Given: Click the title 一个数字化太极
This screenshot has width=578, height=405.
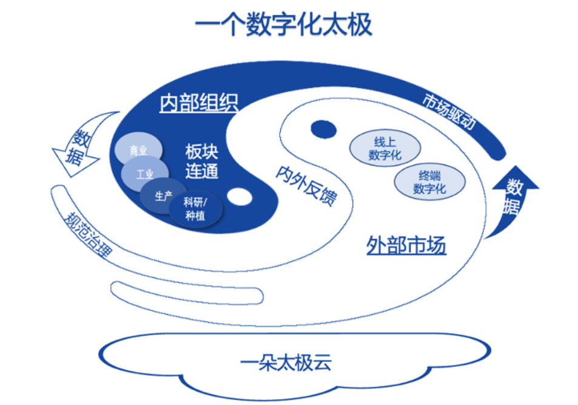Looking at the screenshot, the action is pos(283,24).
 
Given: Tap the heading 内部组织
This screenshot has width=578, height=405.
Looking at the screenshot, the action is pos(199,103).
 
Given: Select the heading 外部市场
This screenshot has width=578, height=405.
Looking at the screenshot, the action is pos(406,245).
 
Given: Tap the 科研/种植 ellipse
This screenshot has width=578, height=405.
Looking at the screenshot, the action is pos(196,209).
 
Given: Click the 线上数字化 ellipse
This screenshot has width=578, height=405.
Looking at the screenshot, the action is pos(385,148).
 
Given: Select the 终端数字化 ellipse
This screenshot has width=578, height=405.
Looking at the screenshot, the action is pos(429,182).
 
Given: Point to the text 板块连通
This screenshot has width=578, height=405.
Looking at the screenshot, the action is pos(201,162).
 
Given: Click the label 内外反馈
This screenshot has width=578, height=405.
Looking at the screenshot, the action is pos(306,185).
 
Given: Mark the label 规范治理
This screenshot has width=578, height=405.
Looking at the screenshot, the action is pos(87,235).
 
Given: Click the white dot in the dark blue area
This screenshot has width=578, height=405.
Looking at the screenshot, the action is pos(240,196).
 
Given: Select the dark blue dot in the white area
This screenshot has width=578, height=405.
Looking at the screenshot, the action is pos(324,129).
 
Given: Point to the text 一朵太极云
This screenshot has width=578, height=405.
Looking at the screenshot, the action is pos(286,362).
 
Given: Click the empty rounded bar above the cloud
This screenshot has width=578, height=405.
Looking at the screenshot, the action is pos(187,293).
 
